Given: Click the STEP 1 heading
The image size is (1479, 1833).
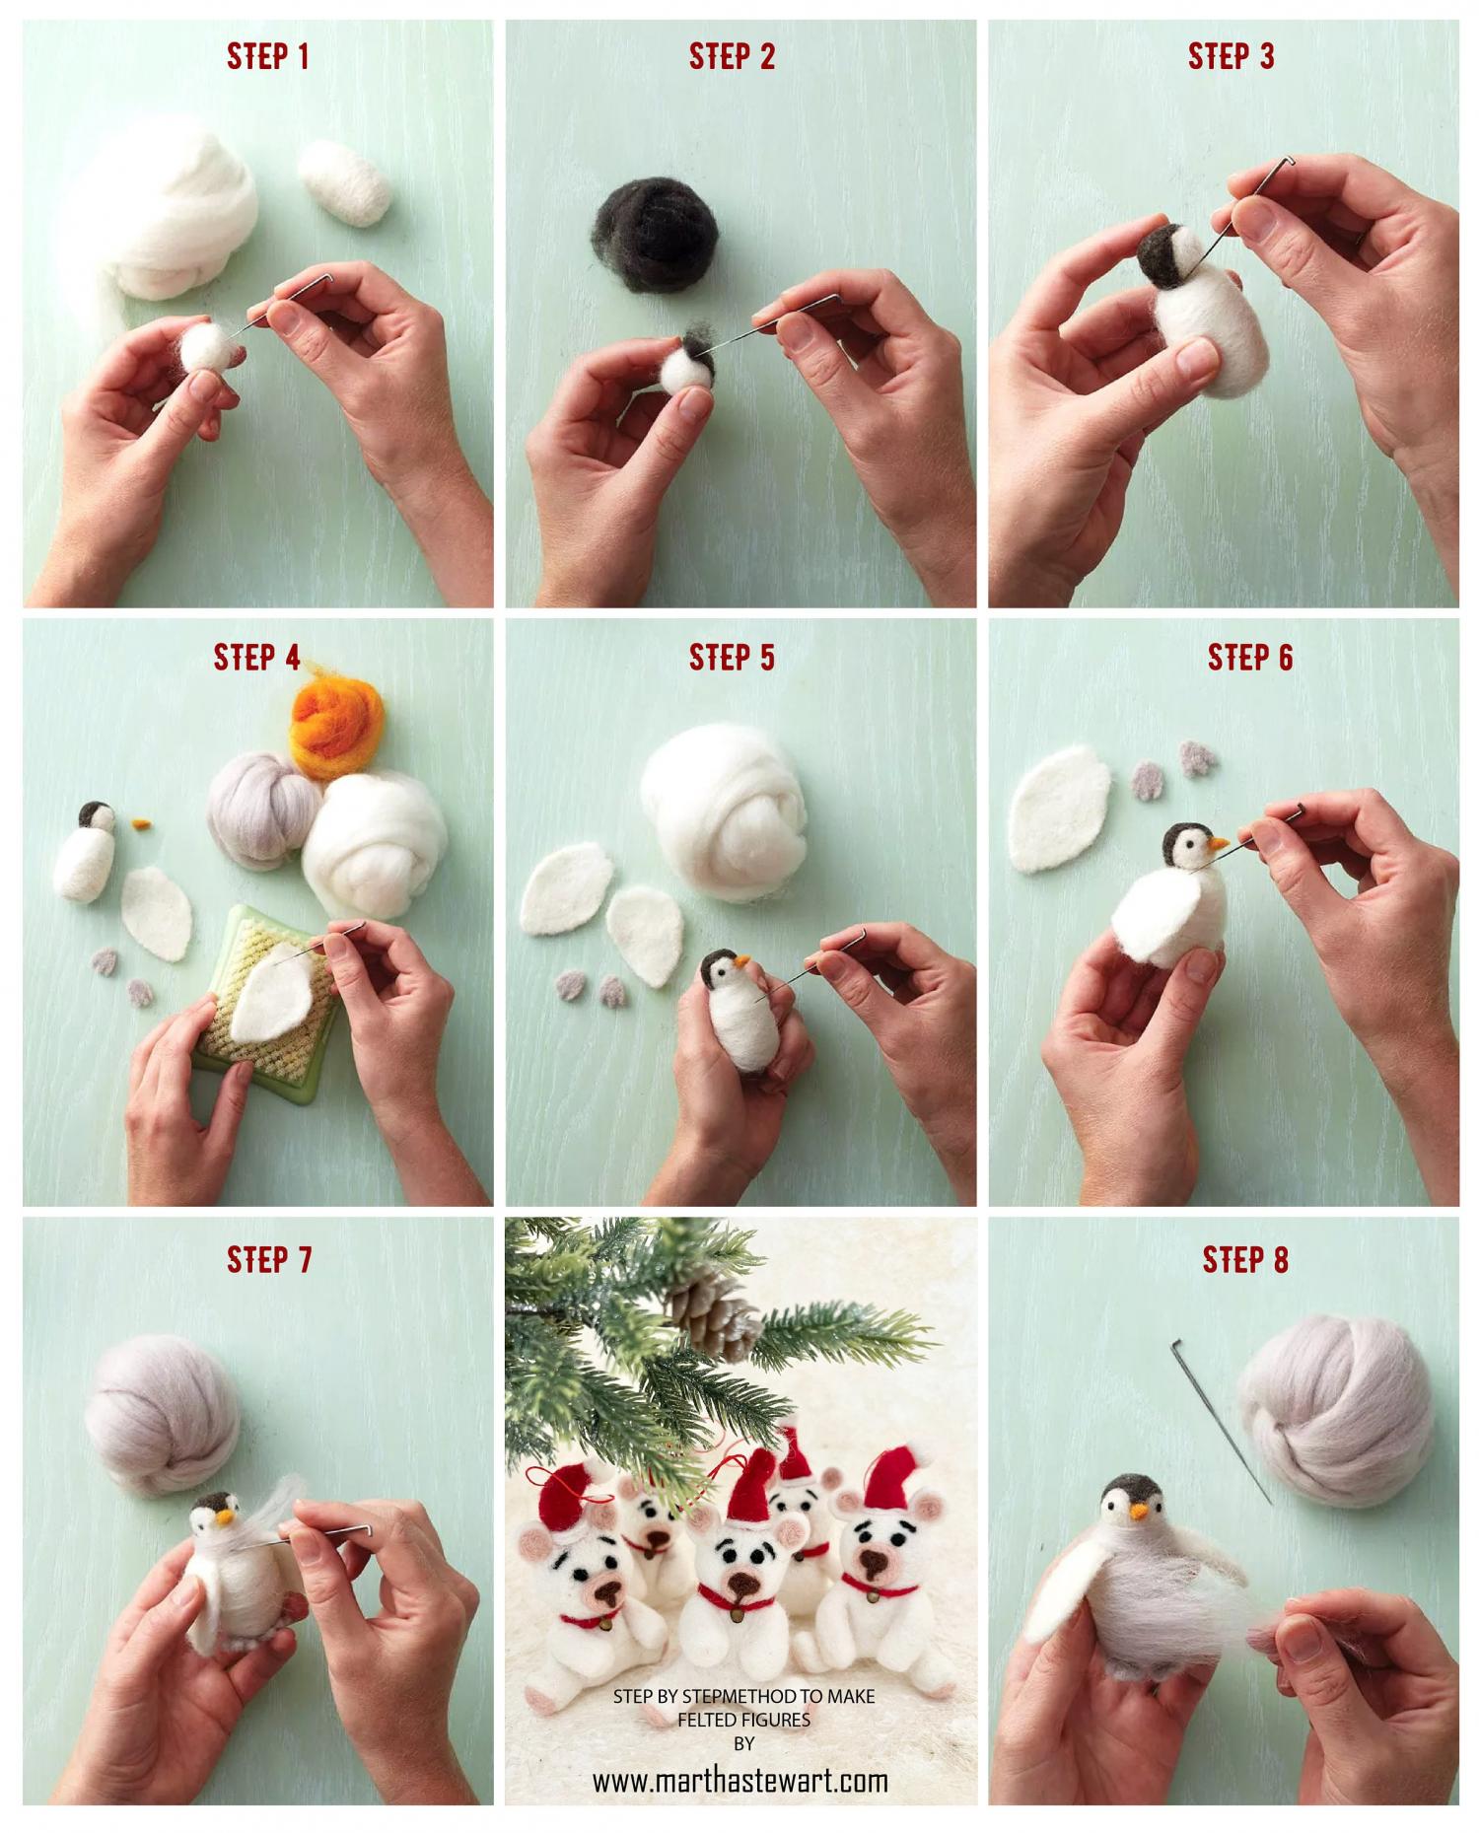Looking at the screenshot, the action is [x=268, y=56].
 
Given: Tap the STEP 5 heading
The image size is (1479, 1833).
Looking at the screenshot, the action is [x=732, y=657].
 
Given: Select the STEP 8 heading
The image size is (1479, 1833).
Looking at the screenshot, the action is [x=1245, y=1259].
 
